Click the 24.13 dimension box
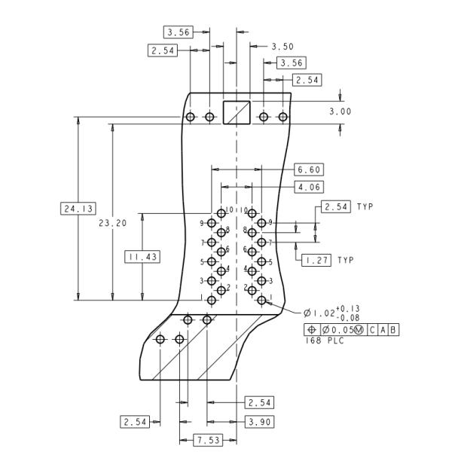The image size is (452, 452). coord(78,208)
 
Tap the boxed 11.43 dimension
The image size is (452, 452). coord(142,257)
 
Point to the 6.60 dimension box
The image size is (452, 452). coord(309,169)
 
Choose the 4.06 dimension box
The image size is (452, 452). coord(309,186)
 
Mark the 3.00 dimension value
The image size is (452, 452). coord(340,111)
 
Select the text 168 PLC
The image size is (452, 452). coord(322,341)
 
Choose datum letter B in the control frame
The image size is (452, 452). coord(393,330)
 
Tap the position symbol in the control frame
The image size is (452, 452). coord(312,330)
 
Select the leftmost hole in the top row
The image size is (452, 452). coord(190,117)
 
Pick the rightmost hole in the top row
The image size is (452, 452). coord(283,117)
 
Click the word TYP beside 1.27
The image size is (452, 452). coord(345,260)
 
